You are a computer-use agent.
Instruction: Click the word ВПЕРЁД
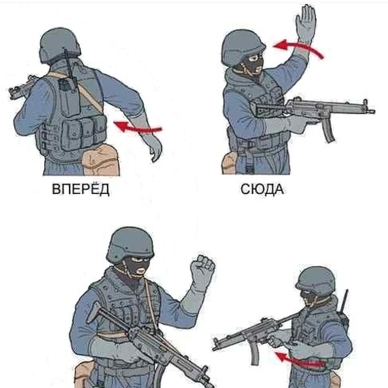coord(81,189)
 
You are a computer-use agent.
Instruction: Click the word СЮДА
coord(262,189)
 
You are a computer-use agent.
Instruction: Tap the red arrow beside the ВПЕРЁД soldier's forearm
coord(137,127)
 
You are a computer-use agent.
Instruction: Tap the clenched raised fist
coord(203,270)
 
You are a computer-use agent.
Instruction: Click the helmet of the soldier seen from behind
coord(60,45)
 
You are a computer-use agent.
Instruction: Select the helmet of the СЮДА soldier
coord(242,47)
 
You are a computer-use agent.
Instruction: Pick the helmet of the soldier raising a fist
coord(130,244)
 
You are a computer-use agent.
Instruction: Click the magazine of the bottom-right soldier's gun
coord(255,352)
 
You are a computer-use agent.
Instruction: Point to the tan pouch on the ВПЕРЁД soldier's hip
coord(100,160)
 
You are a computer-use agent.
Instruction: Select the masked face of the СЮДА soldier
coord(253,63)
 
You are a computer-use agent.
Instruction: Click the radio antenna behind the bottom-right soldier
coord(345,301)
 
